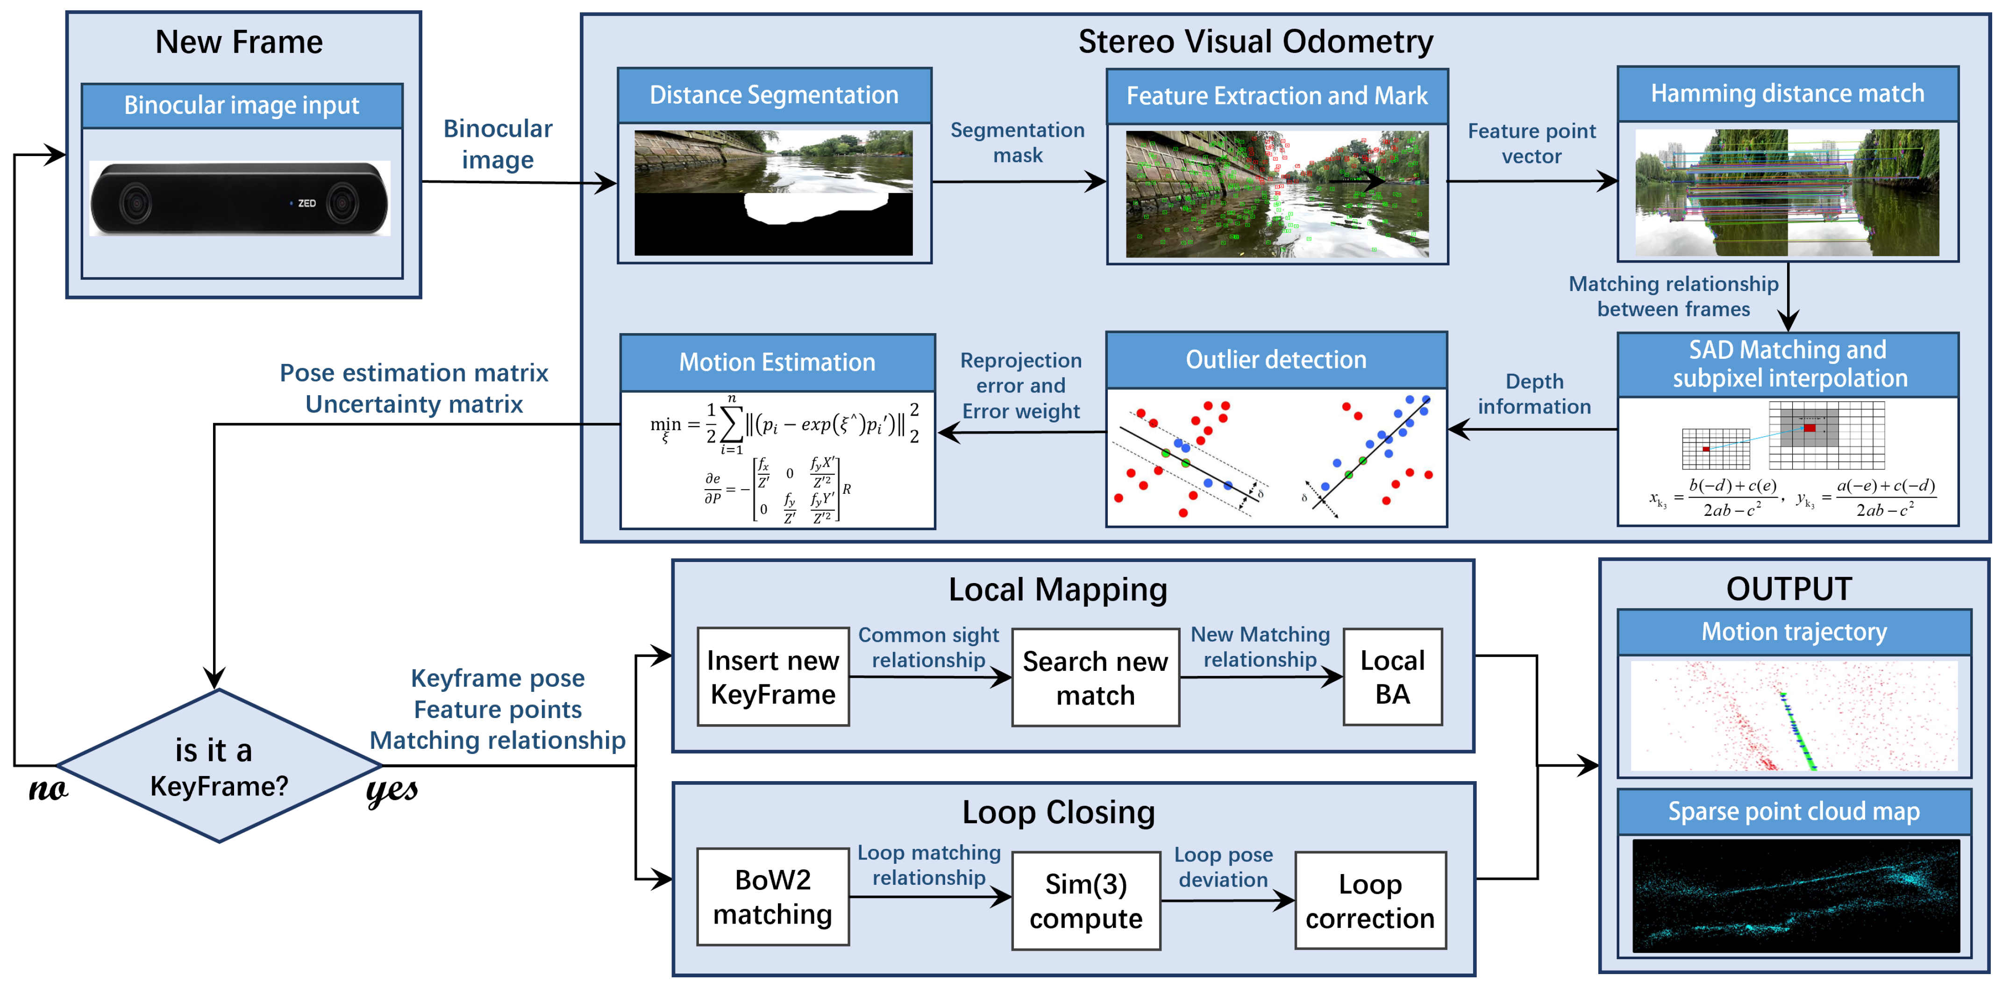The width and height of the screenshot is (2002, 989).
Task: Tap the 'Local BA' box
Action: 1392,676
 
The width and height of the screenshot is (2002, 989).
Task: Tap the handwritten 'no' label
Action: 48,790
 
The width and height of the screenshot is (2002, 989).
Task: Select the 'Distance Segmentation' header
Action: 774,95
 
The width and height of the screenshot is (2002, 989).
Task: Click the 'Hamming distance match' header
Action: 1788,93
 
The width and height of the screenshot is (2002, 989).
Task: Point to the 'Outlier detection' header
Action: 1275,360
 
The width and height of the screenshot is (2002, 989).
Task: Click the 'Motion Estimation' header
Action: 777,362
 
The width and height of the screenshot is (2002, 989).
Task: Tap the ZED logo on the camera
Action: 306,204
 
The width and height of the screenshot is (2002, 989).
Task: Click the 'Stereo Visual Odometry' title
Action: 1255,41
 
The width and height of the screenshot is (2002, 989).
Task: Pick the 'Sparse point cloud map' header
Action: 1794,811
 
